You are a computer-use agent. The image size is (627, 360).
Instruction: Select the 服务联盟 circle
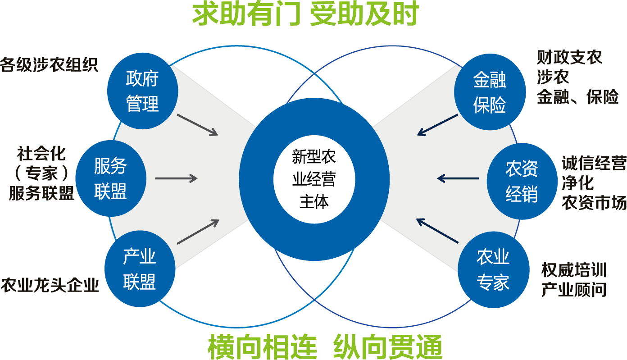[110, 179]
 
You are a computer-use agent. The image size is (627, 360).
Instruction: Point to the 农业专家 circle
[493, 270]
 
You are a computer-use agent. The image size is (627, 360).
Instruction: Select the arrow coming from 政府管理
[197, 124]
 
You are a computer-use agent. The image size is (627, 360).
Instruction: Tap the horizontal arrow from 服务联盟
[176, 179]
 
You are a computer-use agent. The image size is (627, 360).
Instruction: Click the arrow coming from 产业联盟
[198, 232]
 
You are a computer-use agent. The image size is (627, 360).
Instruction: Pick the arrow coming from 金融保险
[437, 124]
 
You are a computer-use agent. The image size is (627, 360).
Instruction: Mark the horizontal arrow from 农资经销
[458, 179]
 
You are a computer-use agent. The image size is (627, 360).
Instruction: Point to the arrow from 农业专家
[437, 231]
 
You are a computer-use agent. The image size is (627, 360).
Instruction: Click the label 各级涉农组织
[49, 65]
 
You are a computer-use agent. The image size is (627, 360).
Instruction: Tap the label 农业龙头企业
[50, 286]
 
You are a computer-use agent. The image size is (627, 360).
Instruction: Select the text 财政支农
[569, 58]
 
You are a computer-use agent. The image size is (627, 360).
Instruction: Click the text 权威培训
[574, 270]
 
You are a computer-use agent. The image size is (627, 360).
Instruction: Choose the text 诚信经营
[594, 164]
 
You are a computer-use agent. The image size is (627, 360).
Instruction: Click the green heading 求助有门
[246, 14]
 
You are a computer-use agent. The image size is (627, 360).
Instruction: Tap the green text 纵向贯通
[388, 347]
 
